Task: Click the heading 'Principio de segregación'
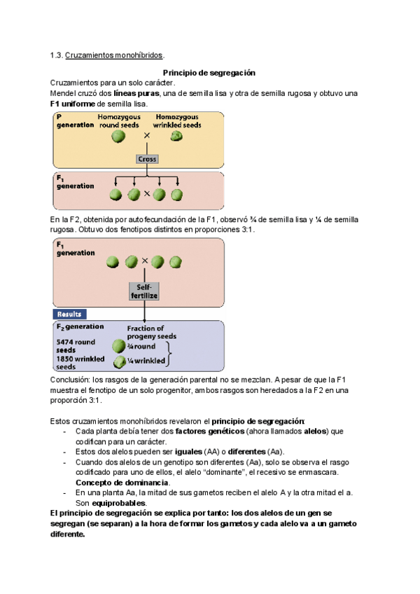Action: [209, 73]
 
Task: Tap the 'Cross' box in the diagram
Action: [147, 159]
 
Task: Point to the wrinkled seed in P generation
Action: [177, 135]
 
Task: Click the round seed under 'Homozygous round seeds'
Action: [119, 135]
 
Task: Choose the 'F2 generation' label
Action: [80, 326]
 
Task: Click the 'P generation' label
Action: [75, 120]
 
